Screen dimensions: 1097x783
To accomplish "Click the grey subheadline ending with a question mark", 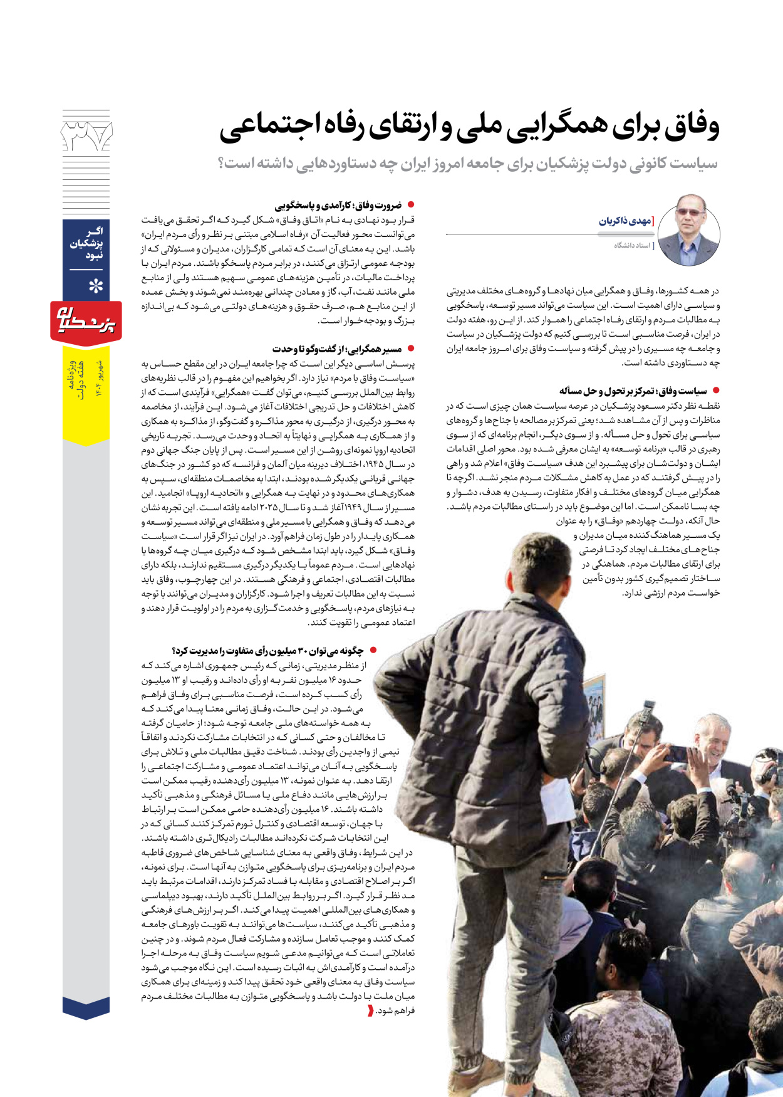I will tap(467, 164).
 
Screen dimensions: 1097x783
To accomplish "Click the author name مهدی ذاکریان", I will tap(626, 221).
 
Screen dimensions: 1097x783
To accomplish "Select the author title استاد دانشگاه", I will tap(633, 246).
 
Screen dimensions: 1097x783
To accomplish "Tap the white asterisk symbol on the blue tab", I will tap(95, 287).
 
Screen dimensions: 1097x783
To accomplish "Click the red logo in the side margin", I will tap(86, 321).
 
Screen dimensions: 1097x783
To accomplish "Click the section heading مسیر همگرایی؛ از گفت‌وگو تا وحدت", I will tap(337, 349).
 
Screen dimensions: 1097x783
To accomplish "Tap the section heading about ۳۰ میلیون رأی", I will tap(267, 651).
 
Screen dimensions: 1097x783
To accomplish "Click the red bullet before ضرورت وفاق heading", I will tap(411, 205).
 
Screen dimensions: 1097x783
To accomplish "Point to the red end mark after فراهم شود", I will tap(371, 1010).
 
